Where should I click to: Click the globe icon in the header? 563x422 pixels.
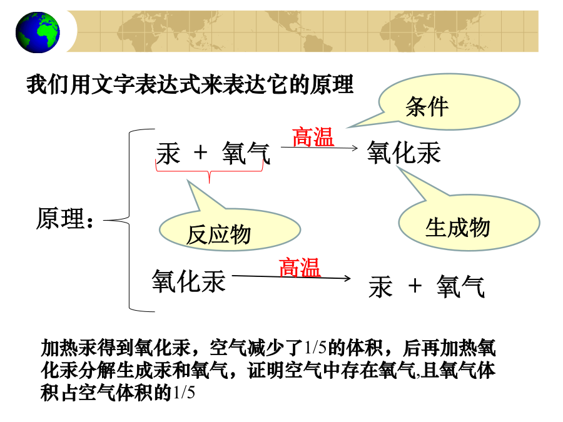tap(38, 33)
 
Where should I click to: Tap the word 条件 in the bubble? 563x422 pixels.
tap(427, 106)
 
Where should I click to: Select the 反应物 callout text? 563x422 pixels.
tap(218, 234)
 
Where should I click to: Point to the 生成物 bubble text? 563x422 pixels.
tap(457, 227)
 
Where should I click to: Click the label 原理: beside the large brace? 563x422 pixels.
tap(65, 218)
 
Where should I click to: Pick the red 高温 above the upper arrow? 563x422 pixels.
tap(313, 137)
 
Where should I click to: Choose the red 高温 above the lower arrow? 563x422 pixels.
tap(300, 268)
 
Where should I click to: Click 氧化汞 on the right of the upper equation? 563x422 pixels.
tap(403, 153)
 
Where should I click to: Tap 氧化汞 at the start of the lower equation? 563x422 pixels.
tap(188, 281)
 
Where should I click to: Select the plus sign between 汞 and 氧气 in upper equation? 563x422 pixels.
tap(200, 153)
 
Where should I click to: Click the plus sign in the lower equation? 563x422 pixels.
tap(415, 286)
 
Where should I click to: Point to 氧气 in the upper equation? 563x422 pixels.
tap(246, 153)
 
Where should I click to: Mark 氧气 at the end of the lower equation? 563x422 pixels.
tap(460, 286)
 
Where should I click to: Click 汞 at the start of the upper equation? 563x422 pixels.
tap(168, 153)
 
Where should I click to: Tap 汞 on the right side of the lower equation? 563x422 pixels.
tap(380, 287)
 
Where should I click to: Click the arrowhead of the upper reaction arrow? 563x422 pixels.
tap(355, 148)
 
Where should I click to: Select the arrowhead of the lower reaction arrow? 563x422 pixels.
tap(347, 278)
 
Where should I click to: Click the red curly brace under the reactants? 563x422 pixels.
tap(209, 171)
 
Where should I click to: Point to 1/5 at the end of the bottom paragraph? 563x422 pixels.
tap(184, 392)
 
